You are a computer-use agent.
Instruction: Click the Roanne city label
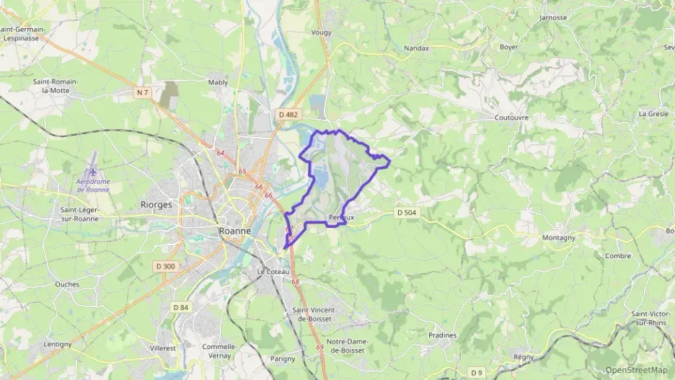tap(234, 231)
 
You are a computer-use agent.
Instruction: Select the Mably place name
tap(218, 82)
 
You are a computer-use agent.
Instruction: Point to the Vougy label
tap(321, 32)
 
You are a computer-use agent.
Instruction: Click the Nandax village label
tap(417, 48)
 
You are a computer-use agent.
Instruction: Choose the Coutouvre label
tap(512, 117)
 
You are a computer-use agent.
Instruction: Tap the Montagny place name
tap(559, 237)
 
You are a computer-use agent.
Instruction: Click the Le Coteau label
tap(273, 271)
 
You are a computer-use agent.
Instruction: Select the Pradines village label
tap(443, 335)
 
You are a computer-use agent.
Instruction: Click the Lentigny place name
tap(58, 344)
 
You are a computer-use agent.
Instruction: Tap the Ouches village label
tap(67, 284)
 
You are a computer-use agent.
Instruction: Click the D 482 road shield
tap(288, 114)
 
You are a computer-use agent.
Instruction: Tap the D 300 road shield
tap(165, 266)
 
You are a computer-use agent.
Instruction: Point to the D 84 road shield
tap(180, 307)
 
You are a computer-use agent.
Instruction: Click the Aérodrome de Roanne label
tap(93, 185)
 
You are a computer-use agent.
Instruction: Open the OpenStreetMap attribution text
tap(637, 371)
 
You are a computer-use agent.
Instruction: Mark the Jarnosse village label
tap(553, 17)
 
